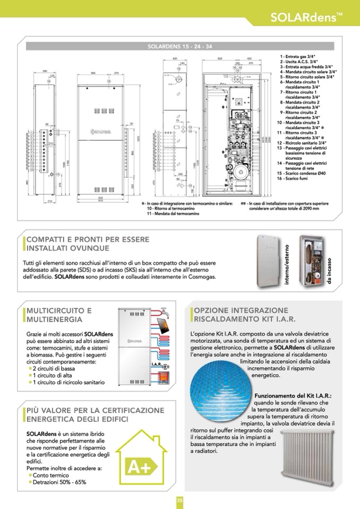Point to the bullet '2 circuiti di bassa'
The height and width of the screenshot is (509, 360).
54,368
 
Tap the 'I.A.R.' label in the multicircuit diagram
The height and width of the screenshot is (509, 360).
158,365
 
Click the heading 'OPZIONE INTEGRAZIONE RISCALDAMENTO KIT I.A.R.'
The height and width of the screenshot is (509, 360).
241,314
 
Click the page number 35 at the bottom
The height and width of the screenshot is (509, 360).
180,501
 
